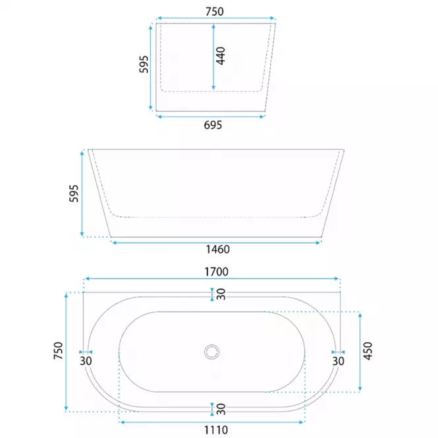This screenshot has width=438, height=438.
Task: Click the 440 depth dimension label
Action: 221,56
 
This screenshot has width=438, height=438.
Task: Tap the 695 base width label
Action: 213,125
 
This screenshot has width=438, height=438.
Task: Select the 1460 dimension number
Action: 218,250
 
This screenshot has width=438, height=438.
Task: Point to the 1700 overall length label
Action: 217,272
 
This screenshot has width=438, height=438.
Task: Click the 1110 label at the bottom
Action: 216,430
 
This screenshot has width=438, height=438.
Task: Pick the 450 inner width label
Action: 368,351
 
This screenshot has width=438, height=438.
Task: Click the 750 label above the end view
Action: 215,12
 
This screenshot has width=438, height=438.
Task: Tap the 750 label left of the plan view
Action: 59,350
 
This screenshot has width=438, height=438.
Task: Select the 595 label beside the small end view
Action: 144,65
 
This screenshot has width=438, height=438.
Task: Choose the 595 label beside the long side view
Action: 74,193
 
